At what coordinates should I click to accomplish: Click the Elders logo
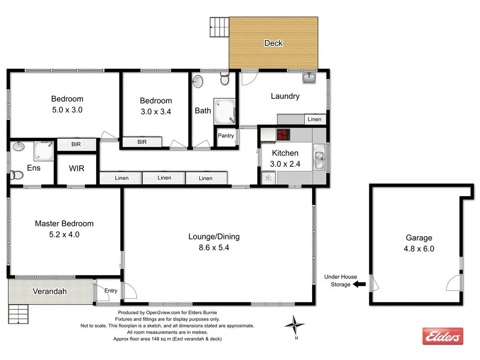[x=442, y=336]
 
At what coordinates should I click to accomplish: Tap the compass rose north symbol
[x=294, y=324]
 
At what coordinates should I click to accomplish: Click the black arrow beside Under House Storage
[x=359, y=284]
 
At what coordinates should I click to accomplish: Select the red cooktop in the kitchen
[x=283, y=135]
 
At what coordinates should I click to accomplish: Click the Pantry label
[x=226, y=135]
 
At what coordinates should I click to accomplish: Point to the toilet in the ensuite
[x=17, y=175]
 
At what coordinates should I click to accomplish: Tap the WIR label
[x=76, y=168]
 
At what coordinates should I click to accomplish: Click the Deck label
[x=273, y=43]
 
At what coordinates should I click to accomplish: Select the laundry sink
[x=309, y=78]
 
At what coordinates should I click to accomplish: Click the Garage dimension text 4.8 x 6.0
[x=419, y=249]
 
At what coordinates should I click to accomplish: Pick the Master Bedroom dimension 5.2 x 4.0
[x=64, y=234]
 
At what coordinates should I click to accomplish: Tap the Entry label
[x=111, y=291]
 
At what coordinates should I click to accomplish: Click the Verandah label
[x=49, y=292]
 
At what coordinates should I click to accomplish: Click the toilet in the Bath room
[x=225, y=80]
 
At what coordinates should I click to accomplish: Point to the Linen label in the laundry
[x=315, y=119]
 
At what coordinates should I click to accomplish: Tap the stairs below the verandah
[x=18, y=314]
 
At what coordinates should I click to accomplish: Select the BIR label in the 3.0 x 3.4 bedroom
[x=142, y=142]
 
